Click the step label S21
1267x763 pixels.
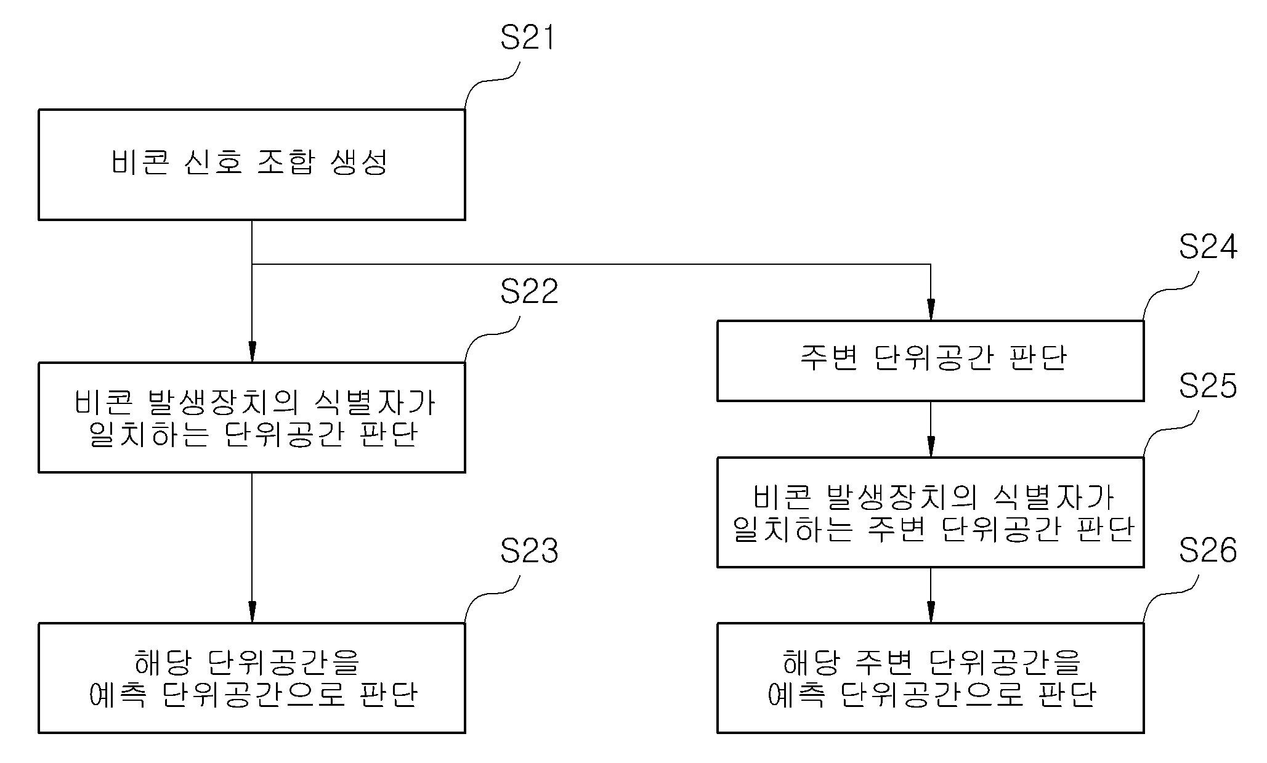point(527,38)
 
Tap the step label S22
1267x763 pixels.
point(529,291)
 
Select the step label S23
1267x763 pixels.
point(529,551)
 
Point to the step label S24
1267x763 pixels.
point(1208,248)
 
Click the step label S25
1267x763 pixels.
point(1208,386)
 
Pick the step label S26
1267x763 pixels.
point(1208,551)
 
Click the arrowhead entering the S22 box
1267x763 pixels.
point(251,352)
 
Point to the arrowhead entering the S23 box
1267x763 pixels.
point(251,613)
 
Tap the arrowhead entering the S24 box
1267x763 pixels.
point(931,310)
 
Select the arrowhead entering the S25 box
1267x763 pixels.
point(931,446)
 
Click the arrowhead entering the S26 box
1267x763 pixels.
point(931,613)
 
